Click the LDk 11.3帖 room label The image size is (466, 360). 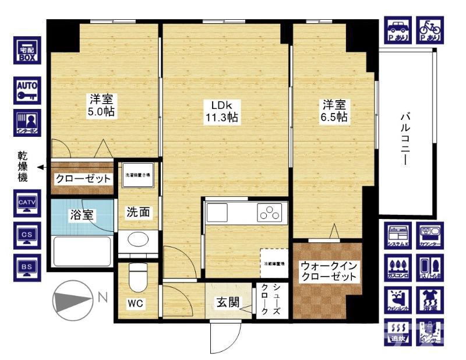click(224, 111)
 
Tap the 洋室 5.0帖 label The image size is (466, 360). click(101, 105)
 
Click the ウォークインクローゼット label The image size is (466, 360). click(327, 272)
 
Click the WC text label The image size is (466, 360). click(136, 304)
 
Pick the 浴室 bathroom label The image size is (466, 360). click(82, 214)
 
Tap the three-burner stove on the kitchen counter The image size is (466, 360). click(270, 213)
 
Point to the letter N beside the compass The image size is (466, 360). click(103, 297)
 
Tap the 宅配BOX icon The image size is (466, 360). click(27, 52)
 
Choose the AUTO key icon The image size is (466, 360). click(27, 90)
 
